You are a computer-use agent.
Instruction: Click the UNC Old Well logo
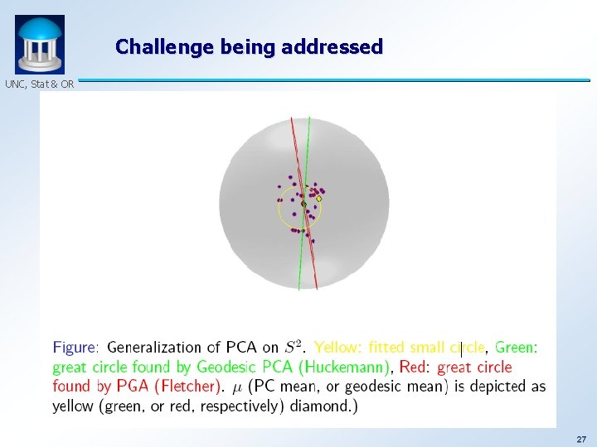(x=40, y=45)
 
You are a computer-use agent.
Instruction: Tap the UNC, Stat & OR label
(x=39, y=84)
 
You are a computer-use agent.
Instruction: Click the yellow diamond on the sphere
(x=318, y=199)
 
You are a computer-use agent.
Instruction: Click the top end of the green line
(x=309, y=121)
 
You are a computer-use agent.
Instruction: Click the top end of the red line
(x=292, y=121)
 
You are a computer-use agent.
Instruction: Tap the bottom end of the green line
(x=299, y=288)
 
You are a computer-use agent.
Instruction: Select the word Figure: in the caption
(x=76, y=348)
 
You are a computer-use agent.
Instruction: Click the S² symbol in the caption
(x=294, y=347)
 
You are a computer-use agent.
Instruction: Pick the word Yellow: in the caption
(x=339, y=348)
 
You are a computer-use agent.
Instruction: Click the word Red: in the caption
(x=416, y=367)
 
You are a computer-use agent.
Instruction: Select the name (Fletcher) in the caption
(x=192, y=386)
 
